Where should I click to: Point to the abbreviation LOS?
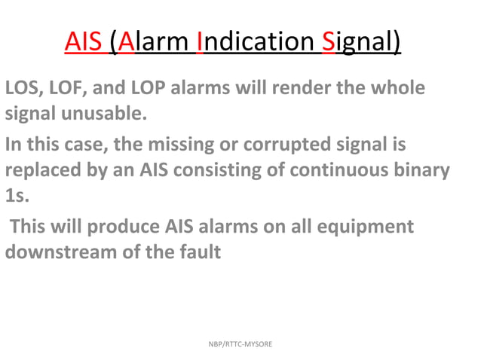[x=23, y=89]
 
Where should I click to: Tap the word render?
[x=285, y=89]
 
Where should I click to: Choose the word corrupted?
[x=287, y=144]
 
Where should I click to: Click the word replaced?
[x=41, y=170]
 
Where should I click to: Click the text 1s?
[x=15, y=197]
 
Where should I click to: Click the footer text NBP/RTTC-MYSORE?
[x=240, y=344]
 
